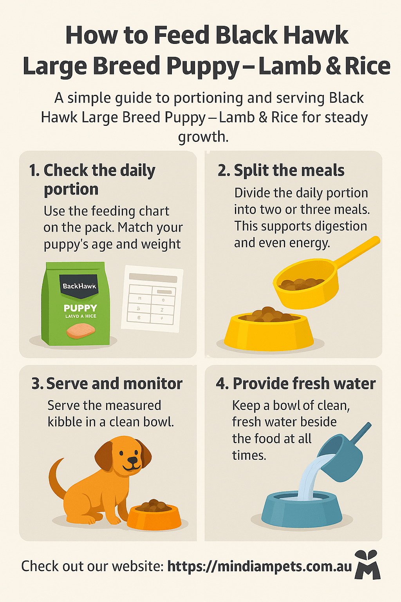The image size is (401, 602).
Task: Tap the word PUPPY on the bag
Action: pos(80,308)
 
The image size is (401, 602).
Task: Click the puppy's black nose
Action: pos(133,460)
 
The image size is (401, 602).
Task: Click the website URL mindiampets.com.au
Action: pos(260,566)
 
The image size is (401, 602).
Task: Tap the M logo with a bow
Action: pos(367,565)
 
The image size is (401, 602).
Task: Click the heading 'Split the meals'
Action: pos(281,170)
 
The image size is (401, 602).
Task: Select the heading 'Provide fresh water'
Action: pos(296,384)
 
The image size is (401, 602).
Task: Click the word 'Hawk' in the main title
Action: pos(316,35)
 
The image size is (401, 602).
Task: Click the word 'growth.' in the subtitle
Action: pos(203,137)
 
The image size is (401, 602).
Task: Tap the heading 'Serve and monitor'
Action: pos(107,384)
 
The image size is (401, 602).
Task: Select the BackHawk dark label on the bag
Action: pos(79,285)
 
